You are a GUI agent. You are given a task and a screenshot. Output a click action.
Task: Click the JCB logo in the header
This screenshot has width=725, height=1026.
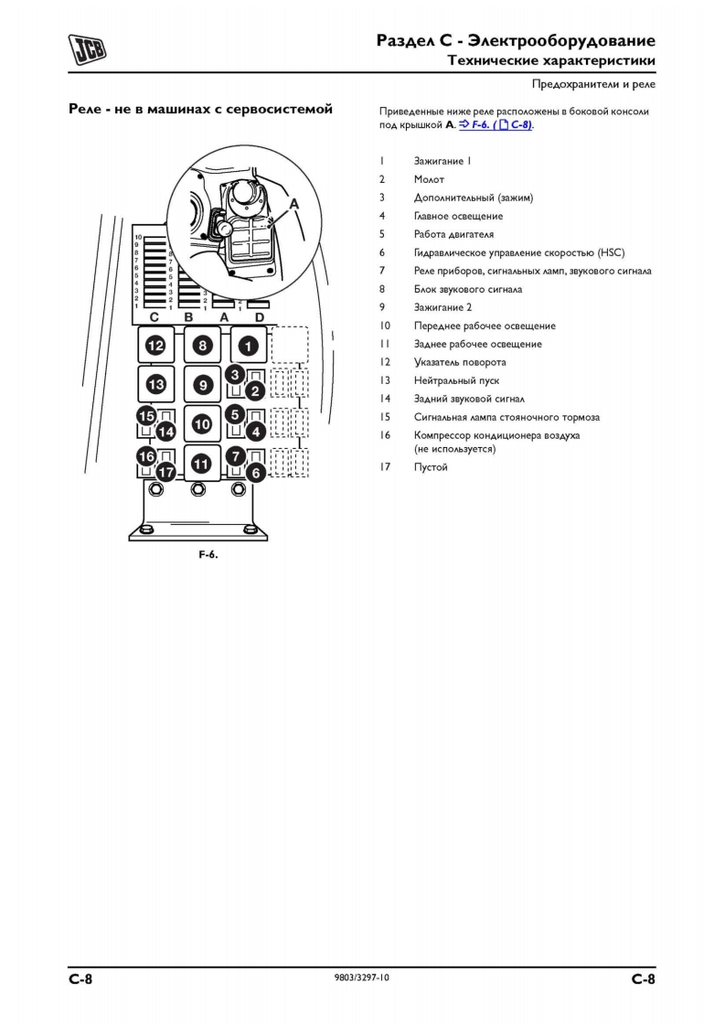(87, 48)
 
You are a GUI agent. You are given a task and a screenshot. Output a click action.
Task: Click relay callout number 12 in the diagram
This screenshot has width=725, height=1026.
(156, 346)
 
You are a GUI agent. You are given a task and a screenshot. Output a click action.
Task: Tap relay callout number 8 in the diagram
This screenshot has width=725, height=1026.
(202, 346)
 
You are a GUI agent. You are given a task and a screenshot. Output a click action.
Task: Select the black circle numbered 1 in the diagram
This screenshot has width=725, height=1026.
(248, 346)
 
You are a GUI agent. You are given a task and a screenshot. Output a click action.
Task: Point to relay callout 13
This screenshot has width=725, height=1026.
(156, 384)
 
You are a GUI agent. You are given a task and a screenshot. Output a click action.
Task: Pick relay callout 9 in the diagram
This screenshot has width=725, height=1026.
(202, 385)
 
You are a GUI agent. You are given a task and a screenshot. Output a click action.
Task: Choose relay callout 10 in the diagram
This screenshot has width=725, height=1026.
(202, 423)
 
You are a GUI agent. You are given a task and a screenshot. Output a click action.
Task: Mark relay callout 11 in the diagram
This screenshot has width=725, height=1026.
(202, 463)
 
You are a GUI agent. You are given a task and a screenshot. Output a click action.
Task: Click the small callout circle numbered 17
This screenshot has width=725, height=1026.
(165, 472)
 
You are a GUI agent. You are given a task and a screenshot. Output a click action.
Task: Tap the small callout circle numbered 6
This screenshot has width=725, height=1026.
(256, 472)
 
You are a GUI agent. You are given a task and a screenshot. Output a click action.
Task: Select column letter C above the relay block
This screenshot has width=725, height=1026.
(155, 316)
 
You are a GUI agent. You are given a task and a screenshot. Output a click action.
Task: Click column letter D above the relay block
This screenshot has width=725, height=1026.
(259, 316)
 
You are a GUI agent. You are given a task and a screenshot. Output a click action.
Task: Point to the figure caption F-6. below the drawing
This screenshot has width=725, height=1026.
(208, 555)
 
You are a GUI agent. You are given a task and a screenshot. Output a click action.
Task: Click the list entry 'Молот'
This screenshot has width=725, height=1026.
(429, 179)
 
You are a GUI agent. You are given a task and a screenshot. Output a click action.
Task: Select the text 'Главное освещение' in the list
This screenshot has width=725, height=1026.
(458, 216)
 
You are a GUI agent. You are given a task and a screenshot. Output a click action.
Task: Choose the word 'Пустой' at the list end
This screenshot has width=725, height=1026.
(431, 467)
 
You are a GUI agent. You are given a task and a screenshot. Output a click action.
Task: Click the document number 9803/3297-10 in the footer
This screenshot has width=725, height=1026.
(363, 978)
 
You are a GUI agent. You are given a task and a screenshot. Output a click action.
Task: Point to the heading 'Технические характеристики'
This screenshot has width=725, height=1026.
(550, 60)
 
